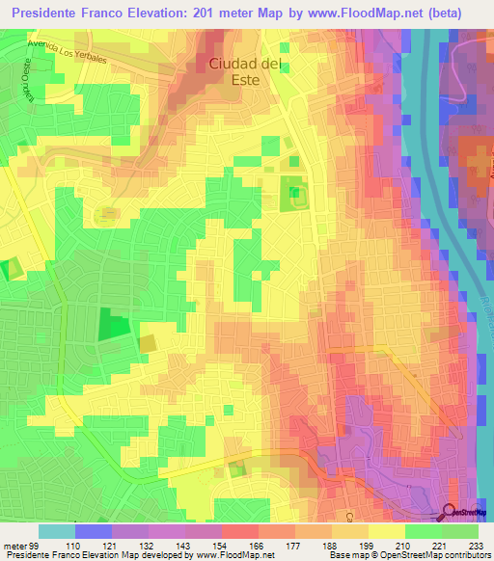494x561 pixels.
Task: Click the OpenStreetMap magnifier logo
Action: pos(451,511)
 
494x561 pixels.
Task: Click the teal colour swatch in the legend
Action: pos(57,531)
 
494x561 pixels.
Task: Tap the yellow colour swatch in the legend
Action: pos(387,531)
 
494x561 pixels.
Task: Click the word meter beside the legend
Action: pos(14,545)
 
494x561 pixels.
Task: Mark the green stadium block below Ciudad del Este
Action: pos(294,196)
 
